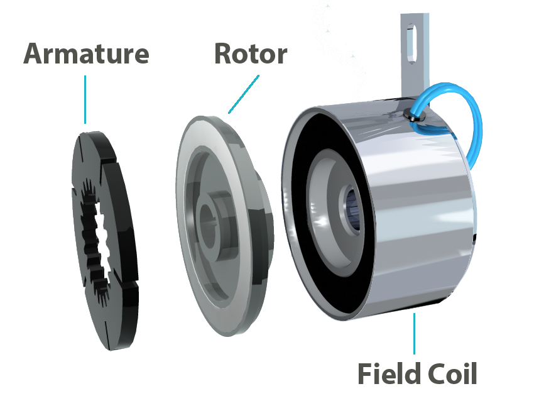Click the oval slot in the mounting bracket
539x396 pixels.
(411, 43)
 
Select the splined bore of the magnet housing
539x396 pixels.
(352, 207)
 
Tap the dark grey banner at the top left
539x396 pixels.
(157, 53)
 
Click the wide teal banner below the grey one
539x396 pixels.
(176, 98)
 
